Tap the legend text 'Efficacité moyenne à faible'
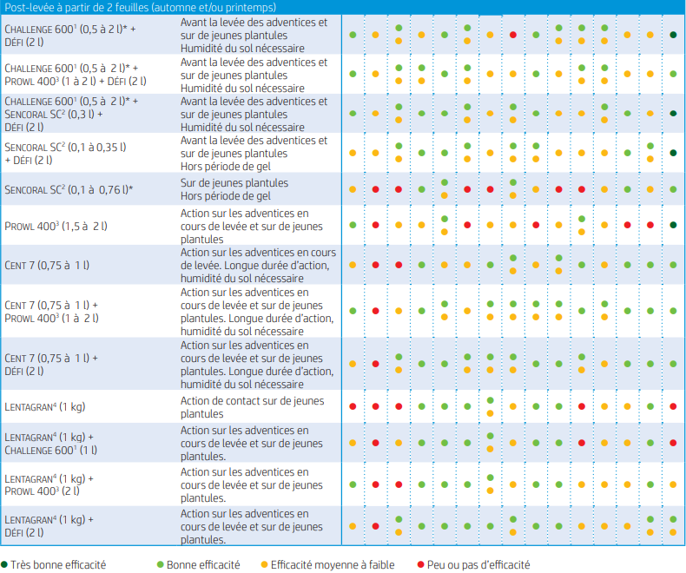pyautogui.click(x=333, y=564)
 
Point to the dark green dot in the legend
pyautogui.click(x=5, y=564)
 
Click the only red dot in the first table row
pyautogui.click(x=513, y=35)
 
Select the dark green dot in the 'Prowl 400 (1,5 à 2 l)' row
pyautogui.click(x=674, y=226)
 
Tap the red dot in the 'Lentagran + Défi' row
pyautogui.click(x=375, y=525)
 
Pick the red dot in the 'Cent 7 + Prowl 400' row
pyautogui.click(x=375, y=310)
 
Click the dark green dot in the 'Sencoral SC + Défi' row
pyautogui.click(x=674, y=153)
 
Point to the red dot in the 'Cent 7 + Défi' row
pyautogui.click(x=375, y=363)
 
